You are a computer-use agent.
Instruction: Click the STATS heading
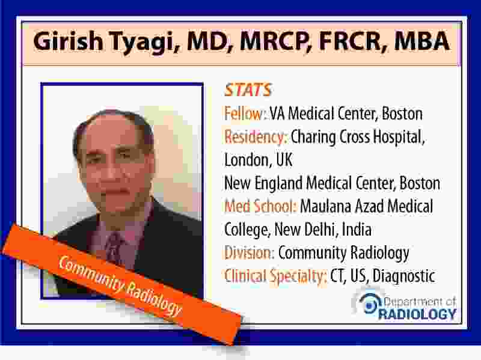tap(248, 90)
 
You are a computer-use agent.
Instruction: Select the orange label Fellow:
tap(244, 114)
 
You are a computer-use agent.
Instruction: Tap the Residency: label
tap(256, 137)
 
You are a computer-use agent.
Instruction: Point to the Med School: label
tap(260, 206)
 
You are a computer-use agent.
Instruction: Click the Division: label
tap(249, 252)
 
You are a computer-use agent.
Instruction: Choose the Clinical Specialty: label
tap(275, 276)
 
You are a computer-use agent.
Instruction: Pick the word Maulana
tap(325, 206)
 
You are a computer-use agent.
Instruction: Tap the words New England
tap(263, 183)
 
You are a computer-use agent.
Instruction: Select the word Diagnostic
tap(404, 276)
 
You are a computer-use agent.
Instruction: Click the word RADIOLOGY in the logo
tap(417, 314)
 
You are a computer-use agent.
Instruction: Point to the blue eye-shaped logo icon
tap(369, 304)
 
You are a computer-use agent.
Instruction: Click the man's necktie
tap(115, 248)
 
